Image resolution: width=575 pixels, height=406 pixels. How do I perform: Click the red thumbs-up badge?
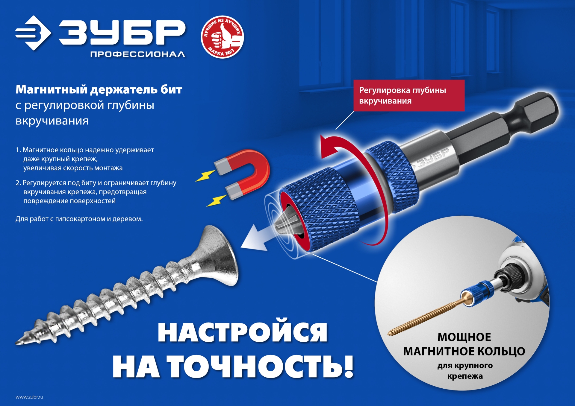click(222, 37)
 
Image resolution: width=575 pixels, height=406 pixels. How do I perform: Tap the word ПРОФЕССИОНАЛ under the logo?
click(137, 54)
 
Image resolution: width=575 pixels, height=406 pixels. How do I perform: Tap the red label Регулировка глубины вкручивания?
click(408, 95)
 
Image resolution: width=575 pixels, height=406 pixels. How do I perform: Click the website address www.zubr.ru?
click(29, 397)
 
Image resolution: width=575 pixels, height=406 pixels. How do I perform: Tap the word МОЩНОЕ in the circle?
click(464, 337)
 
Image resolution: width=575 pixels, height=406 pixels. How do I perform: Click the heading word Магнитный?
click(51, 89)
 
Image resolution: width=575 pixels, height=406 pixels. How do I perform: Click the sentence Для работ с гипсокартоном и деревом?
click(79, 219)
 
